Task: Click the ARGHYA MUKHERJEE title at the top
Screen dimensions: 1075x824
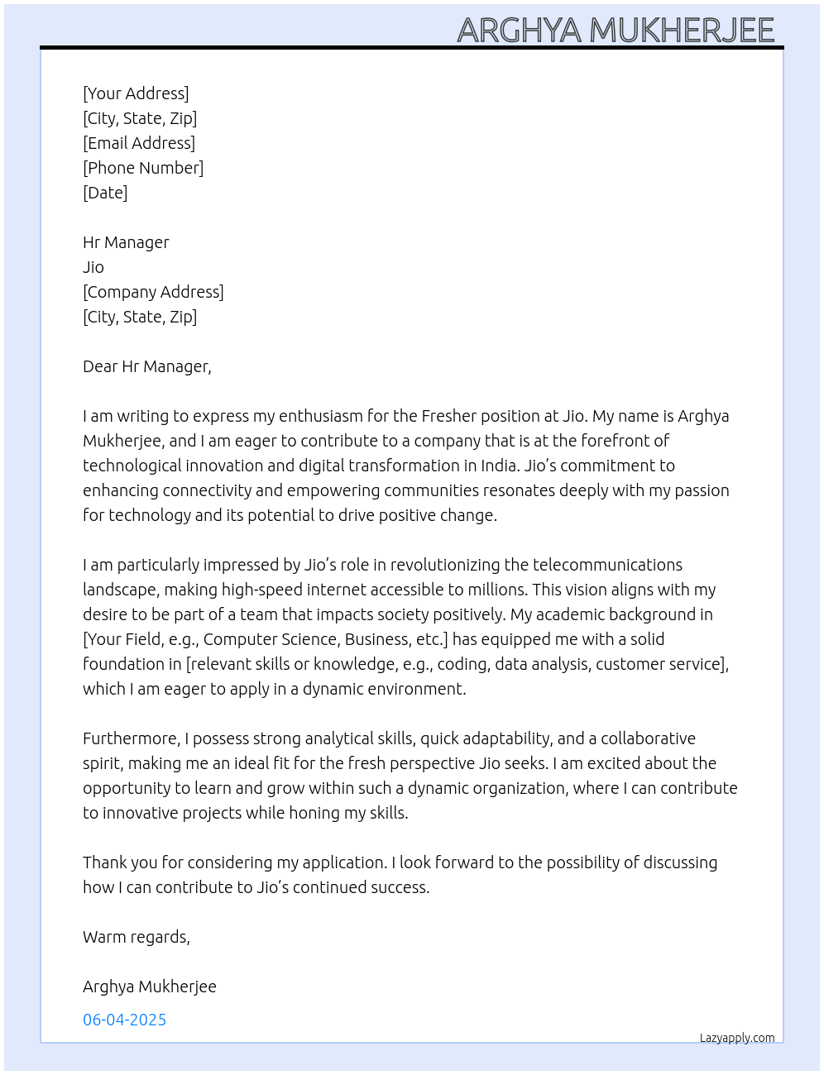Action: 616,30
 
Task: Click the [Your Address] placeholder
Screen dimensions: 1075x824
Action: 136,93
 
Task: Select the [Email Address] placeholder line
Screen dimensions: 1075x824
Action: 139,143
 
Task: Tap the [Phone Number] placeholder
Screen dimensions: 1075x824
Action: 143,168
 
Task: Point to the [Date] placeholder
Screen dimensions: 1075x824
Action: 105,193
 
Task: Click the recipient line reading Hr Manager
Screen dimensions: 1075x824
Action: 126,242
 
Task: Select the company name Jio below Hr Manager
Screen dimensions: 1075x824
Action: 93,267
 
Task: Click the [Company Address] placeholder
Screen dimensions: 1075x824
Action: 153,292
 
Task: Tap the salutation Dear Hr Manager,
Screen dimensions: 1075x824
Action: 147,366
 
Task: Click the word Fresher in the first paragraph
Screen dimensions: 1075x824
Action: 448,416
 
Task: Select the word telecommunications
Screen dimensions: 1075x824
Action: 607,565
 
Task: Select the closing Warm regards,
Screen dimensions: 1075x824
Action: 137,937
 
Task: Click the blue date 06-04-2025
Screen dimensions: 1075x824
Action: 125,1020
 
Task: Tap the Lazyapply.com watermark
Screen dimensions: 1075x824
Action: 737,1038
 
